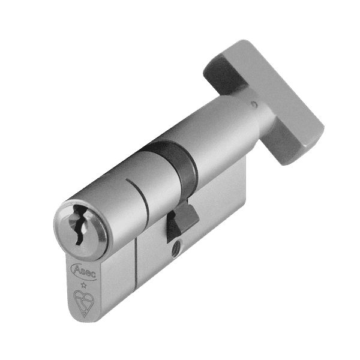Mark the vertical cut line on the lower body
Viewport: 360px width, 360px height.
tap(137, 264)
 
